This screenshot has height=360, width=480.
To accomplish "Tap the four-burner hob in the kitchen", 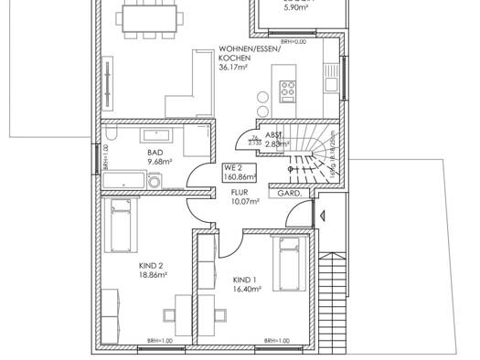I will point(290,90).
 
